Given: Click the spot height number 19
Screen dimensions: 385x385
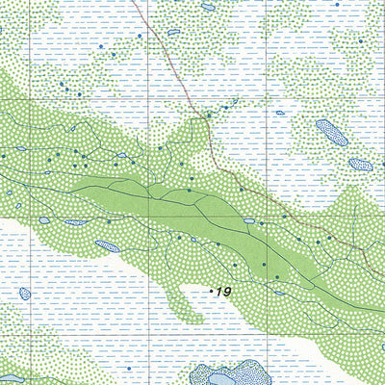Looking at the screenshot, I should coord(224,292).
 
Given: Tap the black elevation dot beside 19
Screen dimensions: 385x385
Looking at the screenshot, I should coord(212,288).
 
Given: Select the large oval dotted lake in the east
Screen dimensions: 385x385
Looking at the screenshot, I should coord(332,131).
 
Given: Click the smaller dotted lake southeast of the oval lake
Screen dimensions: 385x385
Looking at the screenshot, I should coord(360,165).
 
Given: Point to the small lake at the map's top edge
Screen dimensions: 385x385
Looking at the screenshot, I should coord(208,6).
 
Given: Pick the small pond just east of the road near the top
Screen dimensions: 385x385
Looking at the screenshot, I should coord(174,32).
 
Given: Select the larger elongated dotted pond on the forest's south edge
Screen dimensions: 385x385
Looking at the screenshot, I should coord(107,246).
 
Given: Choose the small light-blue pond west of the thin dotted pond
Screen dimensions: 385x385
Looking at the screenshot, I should coord(44,220).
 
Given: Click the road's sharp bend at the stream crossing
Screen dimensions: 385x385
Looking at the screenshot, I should coord(206,117).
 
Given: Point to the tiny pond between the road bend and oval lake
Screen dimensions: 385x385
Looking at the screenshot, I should coord(280,113).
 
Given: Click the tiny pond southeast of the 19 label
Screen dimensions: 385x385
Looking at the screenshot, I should coord(279,293).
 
